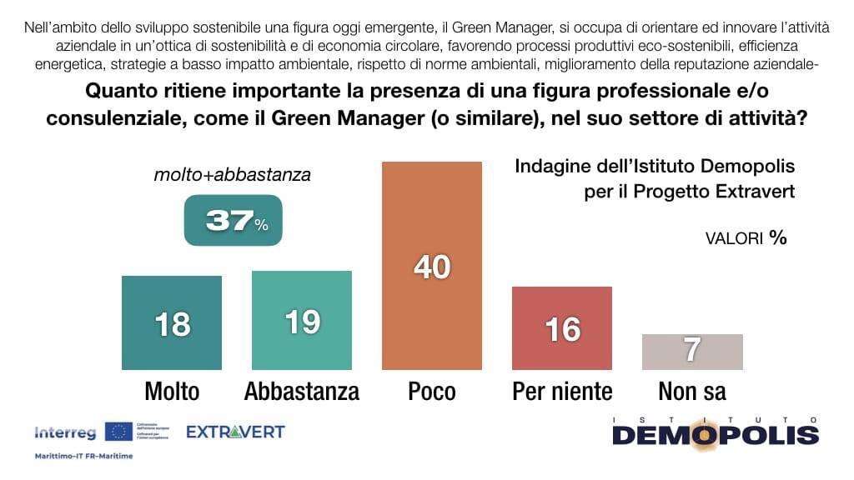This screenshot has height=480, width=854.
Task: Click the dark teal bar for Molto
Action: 172,322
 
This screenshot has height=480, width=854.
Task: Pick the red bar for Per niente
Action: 562,327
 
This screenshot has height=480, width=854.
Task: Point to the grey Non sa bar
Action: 692,352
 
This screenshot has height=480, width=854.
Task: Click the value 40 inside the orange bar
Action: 432,267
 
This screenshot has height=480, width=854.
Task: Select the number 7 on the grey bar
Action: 692,351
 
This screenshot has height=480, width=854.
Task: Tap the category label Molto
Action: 172,391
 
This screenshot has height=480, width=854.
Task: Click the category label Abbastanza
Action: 302,391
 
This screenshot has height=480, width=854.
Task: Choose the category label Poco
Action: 432,391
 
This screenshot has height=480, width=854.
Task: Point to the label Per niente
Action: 562,391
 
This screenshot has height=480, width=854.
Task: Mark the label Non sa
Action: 692,391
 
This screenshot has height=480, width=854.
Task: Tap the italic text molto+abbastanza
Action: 233,175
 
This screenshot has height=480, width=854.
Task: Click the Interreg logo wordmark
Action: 66,432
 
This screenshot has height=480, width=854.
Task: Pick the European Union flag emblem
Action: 118,432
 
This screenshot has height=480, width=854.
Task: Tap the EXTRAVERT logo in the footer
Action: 235,432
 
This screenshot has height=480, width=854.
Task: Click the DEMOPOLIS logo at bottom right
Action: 716,433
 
